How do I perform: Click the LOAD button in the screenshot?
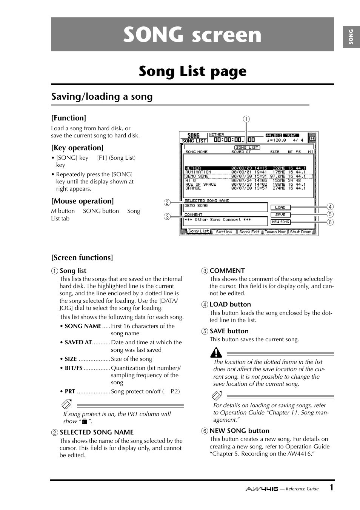point(280,207)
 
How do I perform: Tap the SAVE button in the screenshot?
point(280,214)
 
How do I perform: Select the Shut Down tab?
point(301,232)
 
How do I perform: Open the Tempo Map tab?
point(275,232)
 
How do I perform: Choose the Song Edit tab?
point(249,232)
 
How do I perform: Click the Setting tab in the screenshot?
point(224,232)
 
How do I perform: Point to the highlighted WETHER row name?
point(193,168)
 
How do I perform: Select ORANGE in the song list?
point(193,188)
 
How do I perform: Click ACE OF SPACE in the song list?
point(201,184)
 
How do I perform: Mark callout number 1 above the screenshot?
point(246,119)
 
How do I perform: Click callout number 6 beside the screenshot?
point(330,222)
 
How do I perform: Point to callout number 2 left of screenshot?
point(167,203)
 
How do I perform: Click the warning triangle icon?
point(216,353)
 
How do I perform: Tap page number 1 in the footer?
point(331,487)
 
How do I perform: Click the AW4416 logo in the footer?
point(262,489)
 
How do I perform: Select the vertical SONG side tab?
point(351,37)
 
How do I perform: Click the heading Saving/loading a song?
point(102,97)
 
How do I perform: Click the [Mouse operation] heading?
point(82,201)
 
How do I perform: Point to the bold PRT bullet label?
point(70,391)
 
